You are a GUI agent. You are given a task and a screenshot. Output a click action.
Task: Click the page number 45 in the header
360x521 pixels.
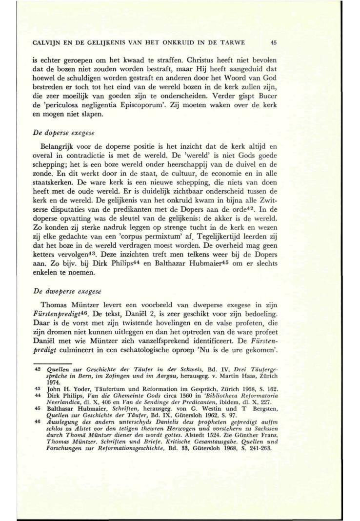(274, 42)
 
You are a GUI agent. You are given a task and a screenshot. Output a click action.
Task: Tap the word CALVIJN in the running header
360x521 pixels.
(47, 42)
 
